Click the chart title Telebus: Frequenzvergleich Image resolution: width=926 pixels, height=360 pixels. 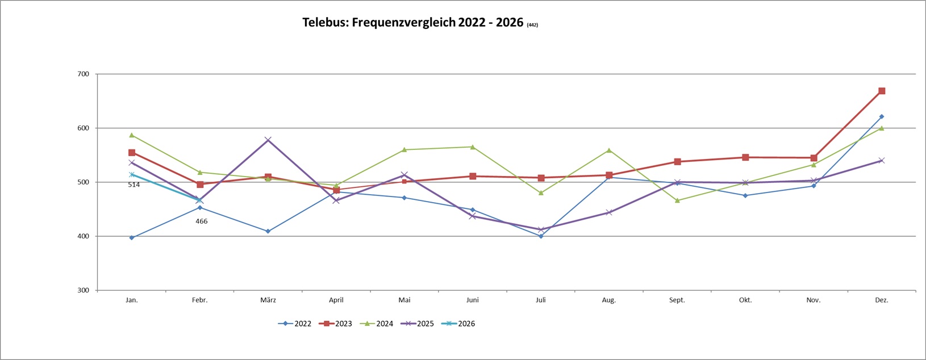point(412,23)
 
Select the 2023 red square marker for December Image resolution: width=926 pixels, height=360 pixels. point(882,91)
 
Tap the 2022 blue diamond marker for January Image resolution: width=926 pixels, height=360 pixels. point(132,238)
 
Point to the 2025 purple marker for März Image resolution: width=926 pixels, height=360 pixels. point(268,140)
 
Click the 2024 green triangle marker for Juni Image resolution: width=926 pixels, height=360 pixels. point(473,147)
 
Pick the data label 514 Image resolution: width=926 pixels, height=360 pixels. point(134,185)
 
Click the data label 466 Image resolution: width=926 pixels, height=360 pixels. point(202,221)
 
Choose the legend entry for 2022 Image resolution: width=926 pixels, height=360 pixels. point(295,324)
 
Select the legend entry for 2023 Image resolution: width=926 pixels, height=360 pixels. point(336,324)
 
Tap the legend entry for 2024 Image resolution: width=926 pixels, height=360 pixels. point(377,324)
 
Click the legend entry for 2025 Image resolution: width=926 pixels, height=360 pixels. point(418,324)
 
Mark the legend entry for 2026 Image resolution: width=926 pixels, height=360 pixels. point(459,324)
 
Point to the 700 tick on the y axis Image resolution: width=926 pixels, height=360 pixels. point(84,74)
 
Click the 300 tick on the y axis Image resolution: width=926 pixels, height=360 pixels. point(84,290)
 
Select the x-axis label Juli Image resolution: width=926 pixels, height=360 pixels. point(541,300)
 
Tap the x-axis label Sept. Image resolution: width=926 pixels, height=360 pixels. point(677,300)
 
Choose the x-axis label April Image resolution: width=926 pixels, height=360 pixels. point(336,300)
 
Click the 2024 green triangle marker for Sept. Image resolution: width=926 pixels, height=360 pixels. point(677,200)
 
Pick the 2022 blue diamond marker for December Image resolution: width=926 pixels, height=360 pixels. point(882,116)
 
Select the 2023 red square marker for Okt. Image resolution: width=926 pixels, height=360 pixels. point(745,157)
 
